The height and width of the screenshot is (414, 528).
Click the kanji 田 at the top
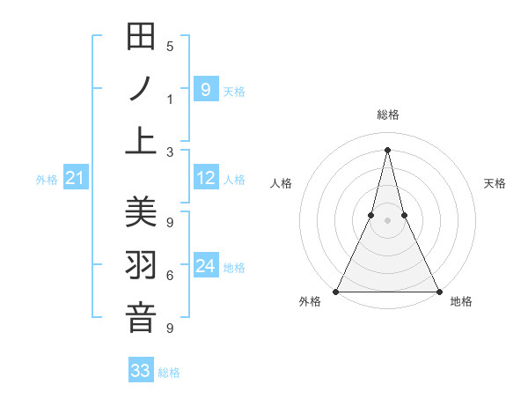[141, 37]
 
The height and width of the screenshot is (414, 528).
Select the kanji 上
[141, 139]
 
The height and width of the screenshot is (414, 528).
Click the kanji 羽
[141, 265]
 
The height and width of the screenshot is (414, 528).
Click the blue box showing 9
[205, 89]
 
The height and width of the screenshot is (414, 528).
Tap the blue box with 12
[205, 179]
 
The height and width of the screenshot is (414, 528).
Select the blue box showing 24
[205, 266]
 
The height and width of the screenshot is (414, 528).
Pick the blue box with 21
[75, 179]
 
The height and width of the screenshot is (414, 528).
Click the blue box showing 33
[141, 371]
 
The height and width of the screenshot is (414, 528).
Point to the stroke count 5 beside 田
[170, 47]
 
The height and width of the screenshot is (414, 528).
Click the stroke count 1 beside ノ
[170, 99]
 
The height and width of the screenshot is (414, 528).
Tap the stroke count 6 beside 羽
[170, 276]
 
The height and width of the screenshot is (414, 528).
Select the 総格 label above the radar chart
[387, 115]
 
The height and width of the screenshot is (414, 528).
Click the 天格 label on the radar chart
[495, 183]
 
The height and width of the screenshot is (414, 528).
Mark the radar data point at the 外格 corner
[337, 291]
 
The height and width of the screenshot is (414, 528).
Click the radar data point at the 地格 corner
[437, 291]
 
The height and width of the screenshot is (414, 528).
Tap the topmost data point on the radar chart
[387, 149]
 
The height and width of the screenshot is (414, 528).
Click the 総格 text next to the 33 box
[169, 373]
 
